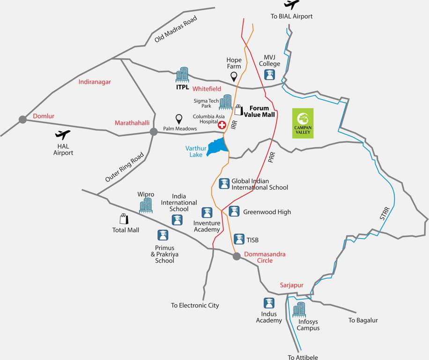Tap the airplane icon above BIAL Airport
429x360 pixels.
pyautogui.click(x=291, y=5)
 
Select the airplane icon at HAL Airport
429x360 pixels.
pyautogui.click(x=63, y=135)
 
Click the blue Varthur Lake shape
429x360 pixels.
pyautogui.click(x=217, y=147)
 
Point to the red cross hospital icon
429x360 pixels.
pyautogui.click(x=222, y=125)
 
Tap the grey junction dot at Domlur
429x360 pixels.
pyautogui.click(x=22, y=120)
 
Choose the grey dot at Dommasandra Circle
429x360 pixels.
pyautogui.click(x=237, y=256)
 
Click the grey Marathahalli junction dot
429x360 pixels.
pyautogui.click(x=154, y=132)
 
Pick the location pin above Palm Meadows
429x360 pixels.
pyautogui.click(x=178, y=119)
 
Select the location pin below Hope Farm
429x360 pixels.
pyautogui.click(x=234, y=76)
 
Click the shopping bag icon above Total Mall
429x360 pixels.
pyautogui.click(x=124, y=219)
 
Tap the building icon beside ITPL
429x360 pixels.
pyautogui.click(x=182, y=75)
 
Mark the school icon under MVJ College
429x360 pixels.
pyautogui.click(x=269, y=75)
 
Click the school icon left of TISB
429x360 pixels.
pyautogui.click(x=239, y=239)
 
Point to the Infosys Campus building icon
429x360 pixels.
pyautogui.click(x=299, y=309)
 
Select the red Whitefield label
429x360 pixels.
pyautogui.click(x=207, y=89)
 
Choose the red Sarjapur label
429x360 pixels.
pyautogui.click(x=292, y=285)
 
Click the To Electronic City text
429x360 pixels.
pyautogui.click(x=195, y=306)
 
